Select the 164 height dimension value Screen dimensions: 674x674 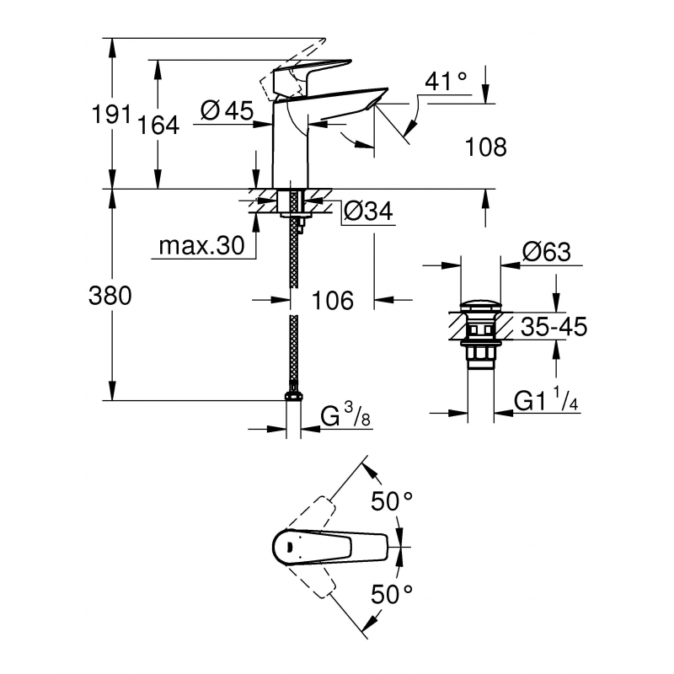pos(158,126)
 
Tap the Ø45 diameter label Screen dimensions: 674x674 pos(228,110)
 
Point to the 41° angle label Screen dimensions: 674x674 pos(446,83)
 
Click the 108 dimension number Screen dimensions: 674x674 pos(486,148)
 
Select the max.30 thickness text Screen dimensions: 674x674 pos(202,246)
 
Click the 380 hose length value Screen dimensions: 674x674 pos(111,297)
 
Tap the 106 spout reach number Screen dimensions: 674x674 pos(333,300)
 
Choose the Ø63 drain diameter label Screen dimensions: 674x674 pos(546,252)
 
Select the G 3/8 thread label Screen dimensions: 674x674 pos(344,416)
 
